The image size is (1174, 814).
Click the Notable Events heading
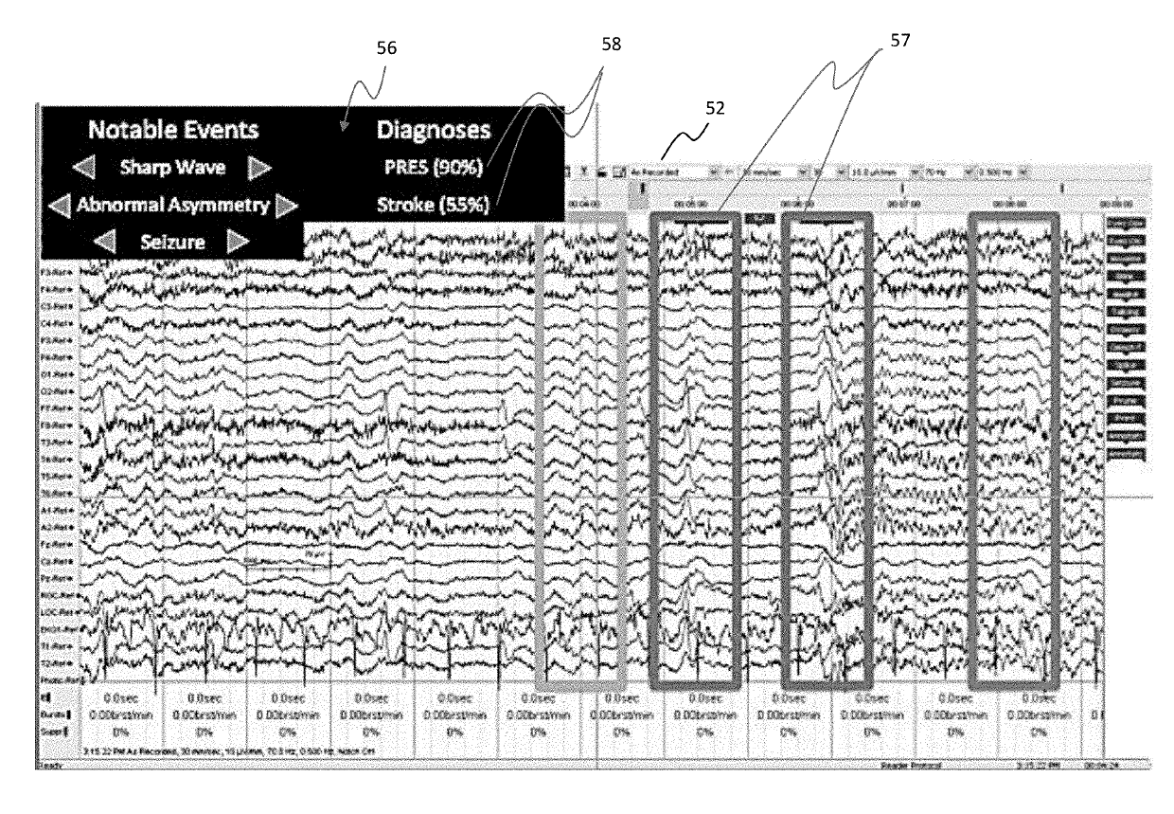tap(172, 130)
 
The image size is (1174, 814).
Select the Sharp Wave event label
tap(172, 168)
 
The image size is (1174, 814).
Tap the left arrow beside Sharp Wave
tap(85, 169)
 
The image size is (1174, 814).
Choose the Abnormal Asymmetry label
tap(172, 204)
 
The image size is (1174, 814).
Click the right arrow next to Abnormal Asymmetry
tap(288, 204)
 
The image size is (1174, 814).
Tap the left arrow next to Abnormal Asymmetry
tap(59, 204)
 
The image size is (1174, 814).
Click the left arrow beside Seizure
tap(106, 240)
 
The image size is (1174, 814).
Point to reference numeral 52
tap(715, 108)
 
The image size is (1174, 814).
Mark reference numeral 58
tap(611, 44)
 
